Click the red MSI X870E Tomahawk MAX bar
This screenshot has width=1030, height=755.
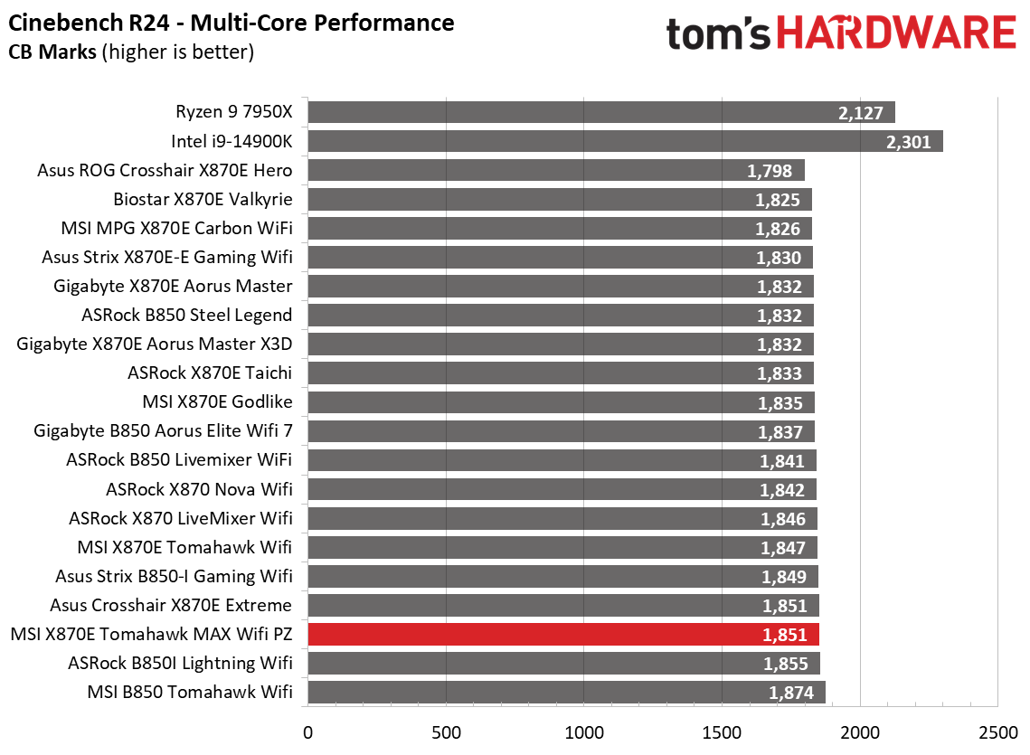(x=562, y=634)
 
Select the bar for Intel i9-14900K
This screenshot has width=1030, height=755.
(x=624, y=141)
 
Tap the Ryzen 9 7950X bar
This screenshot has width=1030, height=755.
(x=600, y=112)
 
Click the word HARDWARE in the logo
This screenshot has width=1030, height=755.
(x=895, y=34)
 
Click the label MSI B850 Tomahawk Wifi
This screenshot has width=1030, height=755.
(x=190, y=693)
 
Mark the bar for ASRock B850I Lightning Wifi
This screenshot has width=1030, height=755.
(x=563, y=664)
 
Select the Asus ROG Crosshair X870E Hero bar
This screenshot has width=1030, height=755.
(x=555, y=170)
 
